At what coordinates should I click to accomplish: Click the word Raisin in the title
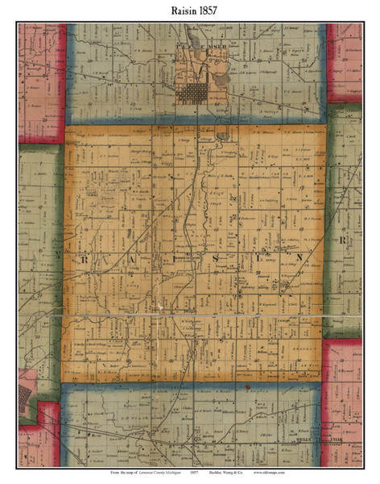pos(176,10)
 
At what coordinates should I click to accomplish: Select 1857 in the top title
pos(208,10)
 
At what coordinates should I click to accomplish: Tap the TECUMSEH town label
pos(196,55)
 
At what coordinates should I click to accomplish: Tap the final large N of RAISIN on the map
pos(300,257)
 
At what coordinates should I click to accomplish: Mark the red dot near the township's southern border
pos(248,389)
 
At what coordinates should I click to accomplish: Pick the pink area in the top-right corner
pos(345,60)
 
